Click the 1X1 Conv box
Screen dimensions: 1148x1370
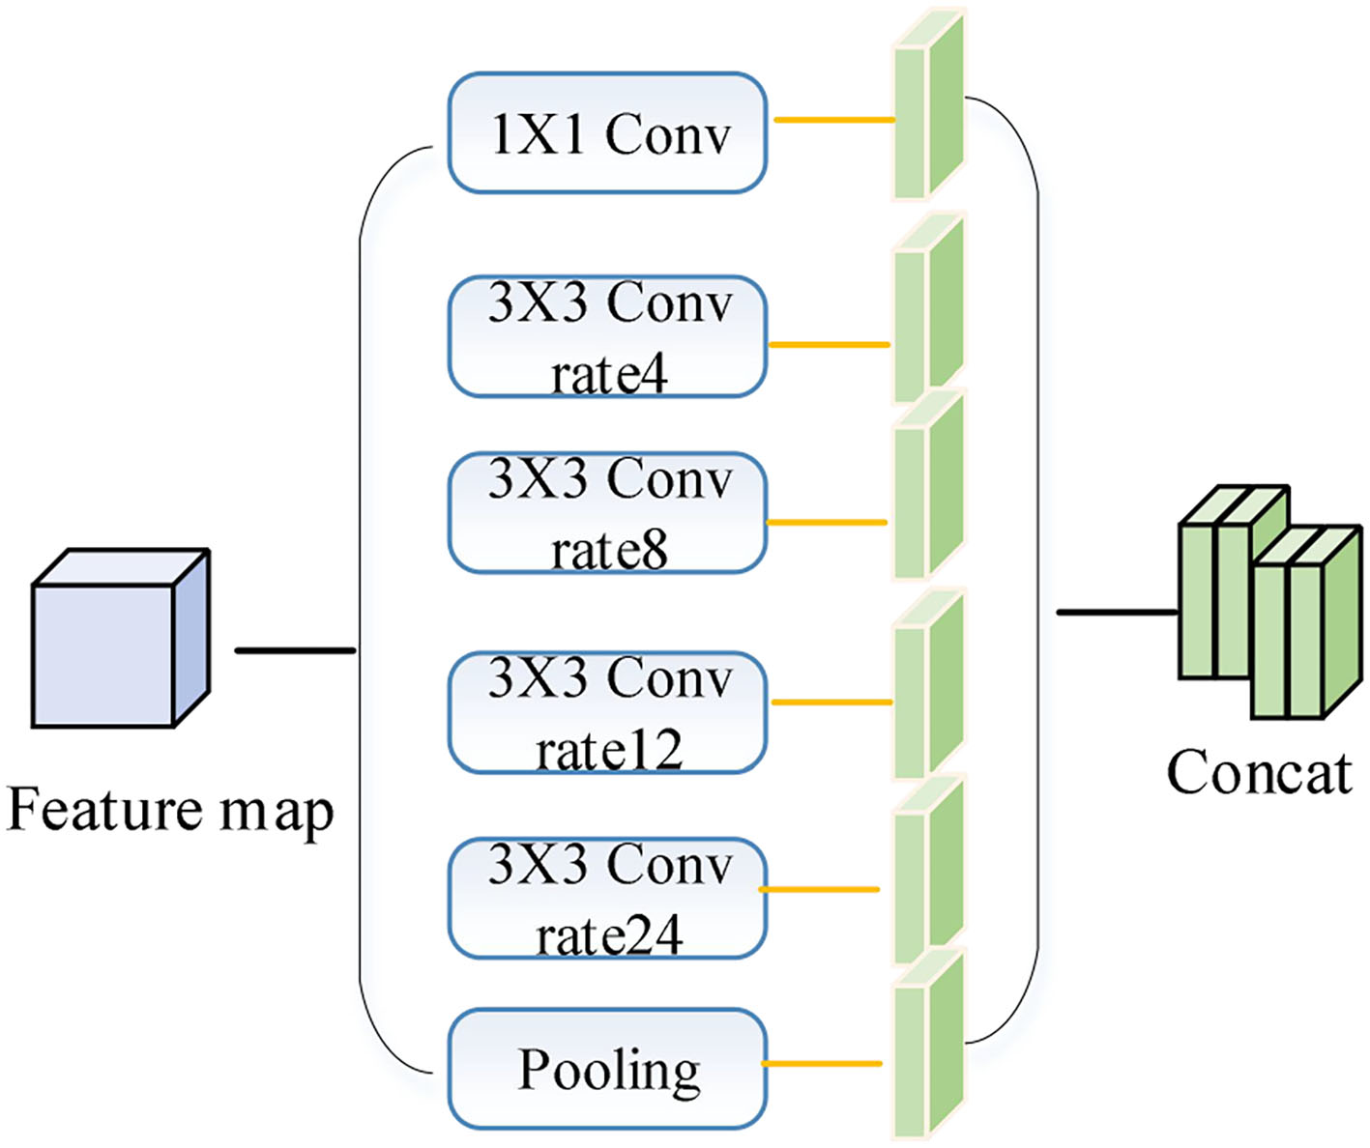point(607,133)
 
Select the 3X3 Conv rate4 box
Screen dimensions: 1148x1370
point(607,337)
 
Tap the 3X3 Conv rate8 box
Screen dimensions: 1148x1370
point(607,513)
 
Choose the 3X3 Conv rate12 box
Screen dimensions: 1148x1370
point(607,713)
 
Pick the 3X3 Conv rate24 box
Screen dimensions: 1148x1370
point(607,899)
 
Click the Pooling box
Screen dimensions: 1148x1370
point(607,1069)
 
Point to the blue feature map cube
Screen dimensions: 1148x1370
point(120,640)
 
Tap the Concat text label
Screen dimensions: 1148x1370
point(1258,773)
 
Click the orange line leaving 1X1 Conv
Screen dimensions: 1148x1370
point(833,121)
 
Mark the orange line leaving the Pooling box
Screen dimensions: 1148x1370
point(822,1064)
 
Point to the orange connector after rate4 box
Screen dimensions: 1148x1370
point(829,344)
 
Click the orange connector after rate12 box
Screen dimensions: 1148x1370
point(831,702)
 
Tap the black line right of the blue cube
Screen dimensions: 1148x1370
point(295,650)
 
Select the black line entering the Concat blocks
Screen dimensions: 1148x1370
point(1117,612)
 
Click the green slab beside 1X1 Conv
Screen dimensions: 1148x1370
point(928,106)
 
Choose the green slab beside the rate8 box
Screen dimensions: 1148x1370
point(928,487)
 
